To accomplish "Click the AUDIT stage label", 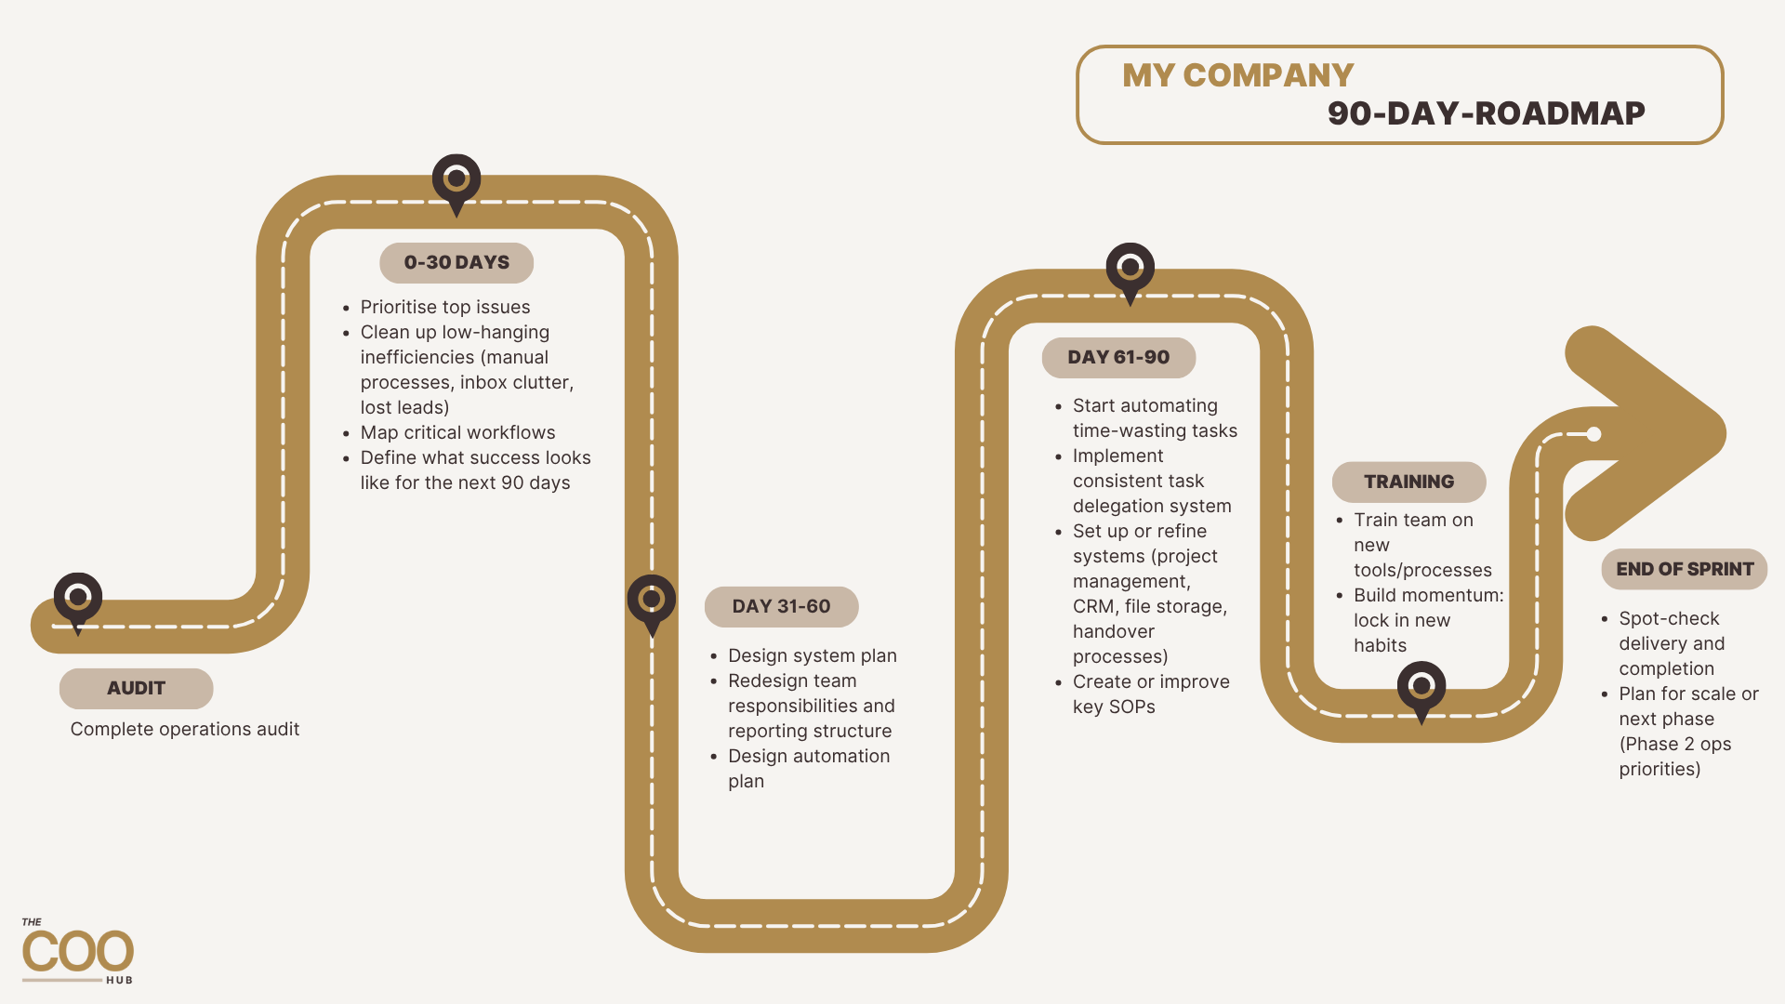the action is (x=137, y=689).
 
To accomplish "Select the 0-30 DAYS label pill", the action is (x=456, y=263).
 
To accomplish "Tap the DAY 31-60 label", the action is (x=782, y=607).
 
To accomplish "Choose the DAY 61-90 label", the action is (x=1118, y=358).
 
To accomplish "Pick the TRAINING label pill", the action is (x=1409, y=482).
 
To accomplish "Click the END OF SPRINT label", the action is (x=1685, y=569).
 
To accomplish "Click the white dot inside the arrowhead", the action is (x=1593, y=434).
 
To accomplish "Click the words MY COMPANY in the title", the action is (x=1237, y=75).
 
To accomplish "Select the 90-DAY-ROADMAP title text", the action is (x=1486, y=113).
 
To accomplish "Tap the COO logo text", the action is (x=78, y=952).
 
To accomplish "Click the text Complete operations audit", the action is (x=185, y=730).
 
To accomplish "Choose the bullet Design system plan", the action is (x=803, y=656).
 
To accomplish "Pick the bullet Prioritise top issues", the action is (x=436, y=308).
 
